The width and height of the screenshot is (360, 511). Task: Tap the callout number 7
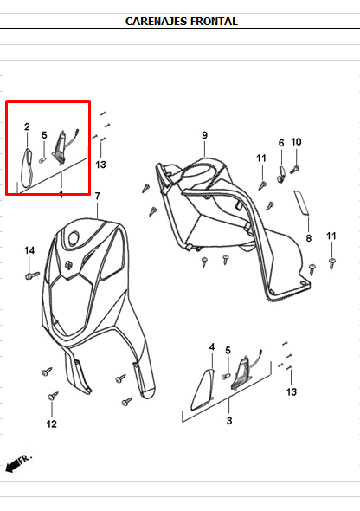(x=98, y=196)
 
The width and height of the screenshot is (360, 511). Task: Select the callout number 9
(x=205, y=135)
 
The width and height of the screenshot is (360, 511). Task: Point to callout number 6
(x=281, y=143)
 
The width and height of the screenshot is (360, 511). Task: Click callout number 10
(x=296, y=142)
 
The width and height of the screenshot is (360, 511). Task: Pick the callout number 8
(x=308, y=238)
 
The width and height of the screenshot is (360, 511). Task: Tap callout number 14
(x=29, y=250)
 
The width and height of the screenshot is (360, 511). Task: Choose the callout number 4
(x=211, y=347)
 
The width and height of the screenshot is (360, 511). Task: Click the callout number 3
(x=229, y=420)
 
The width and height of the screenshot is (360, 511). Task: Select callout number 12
(x=52, y=424)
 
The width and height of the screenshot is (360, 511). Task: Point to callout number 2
(x=27, y=127)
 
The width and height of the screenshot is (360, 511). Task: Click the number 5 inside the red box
(x=44, y=135)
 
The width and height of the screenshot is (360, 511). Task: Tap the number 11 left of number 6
(x=261, y=158)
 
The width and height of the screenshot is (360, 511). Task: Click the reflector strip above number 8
(x=302, y=205)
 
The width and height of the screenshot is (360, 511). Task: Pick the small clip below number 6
(x=281, y=176)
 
